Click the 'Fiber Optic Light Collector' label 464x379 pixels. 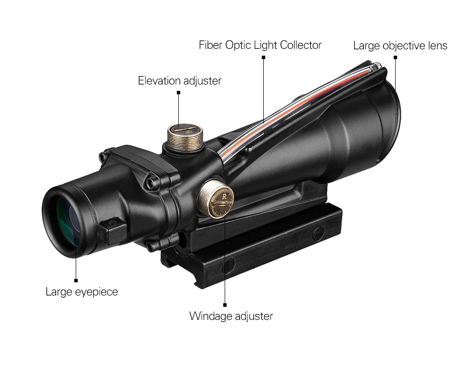tap(260, 45)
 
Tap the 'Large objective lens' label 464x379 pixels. tap(400, 46)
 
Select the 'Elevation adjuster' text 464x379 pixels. tap(179, 81)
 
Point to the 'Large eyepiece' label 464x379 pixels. tap(82, 292)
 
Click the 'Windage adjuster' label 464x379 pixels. tap(231, 316)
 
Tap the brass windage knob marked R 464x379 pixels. tap(215, 197)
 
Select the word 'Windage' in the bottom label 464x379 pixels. tap(211, 316)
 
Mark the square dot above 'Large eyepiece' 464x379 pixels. tap(76, 280)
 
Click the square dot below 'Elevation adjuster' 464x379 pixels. tap(179, 92)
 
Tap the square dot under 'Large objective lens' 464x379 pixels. tap(395, 58)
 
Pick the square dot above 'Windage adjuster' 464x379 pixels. tap(225, 304)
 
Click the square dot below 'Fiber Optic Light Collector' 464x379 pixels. tap(263, 57)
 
